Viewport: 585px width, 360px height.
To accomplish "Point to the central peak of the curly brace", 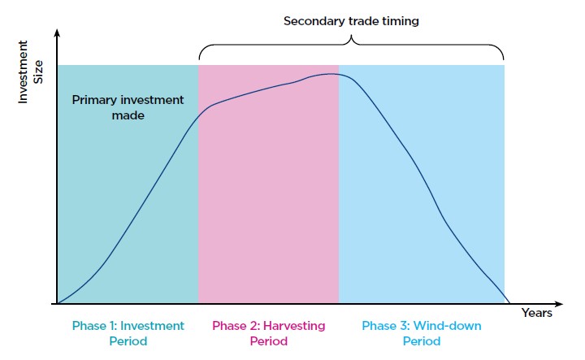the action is click(351, 37).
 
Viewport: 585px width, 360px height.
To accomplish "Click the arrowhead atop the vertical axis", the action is click(57, 33).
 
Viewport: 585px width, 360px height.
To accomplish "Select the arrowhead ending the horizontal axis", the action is click(558, 304).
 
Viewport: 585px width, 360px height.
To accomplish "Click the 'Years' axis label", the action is click(536, 313).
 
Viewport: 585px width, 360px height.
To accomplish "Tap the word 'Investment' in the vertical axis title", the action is click(23, 72).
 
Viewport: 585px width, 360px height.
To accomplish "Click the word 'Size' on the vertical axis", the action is click(38, 72).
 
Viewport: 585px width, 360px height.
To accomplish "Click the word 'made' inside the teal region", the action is click(128, 115).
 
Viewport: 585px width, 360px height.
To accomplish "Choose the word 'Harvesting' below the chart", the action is click(294, 327).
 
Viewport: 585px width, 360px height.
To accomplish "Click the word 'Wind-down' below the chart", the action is click(448, 326).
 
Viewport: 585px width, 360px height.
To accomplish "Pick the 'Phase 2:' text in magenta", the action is click(236, 326).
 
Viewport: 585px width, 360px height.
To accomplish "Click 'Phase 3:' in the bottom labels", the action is click(386, 326).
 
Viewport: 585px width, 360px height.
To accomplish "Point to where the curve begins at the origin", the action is click(58, 303).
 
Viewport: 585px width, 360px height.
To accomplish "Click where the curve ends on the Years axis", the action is click(509, 303).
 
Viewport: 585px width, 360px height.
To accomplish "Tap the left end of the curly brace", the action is click(199, 59).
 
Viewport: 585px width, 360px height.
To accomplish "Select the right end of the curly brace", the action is click(503, 59).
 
